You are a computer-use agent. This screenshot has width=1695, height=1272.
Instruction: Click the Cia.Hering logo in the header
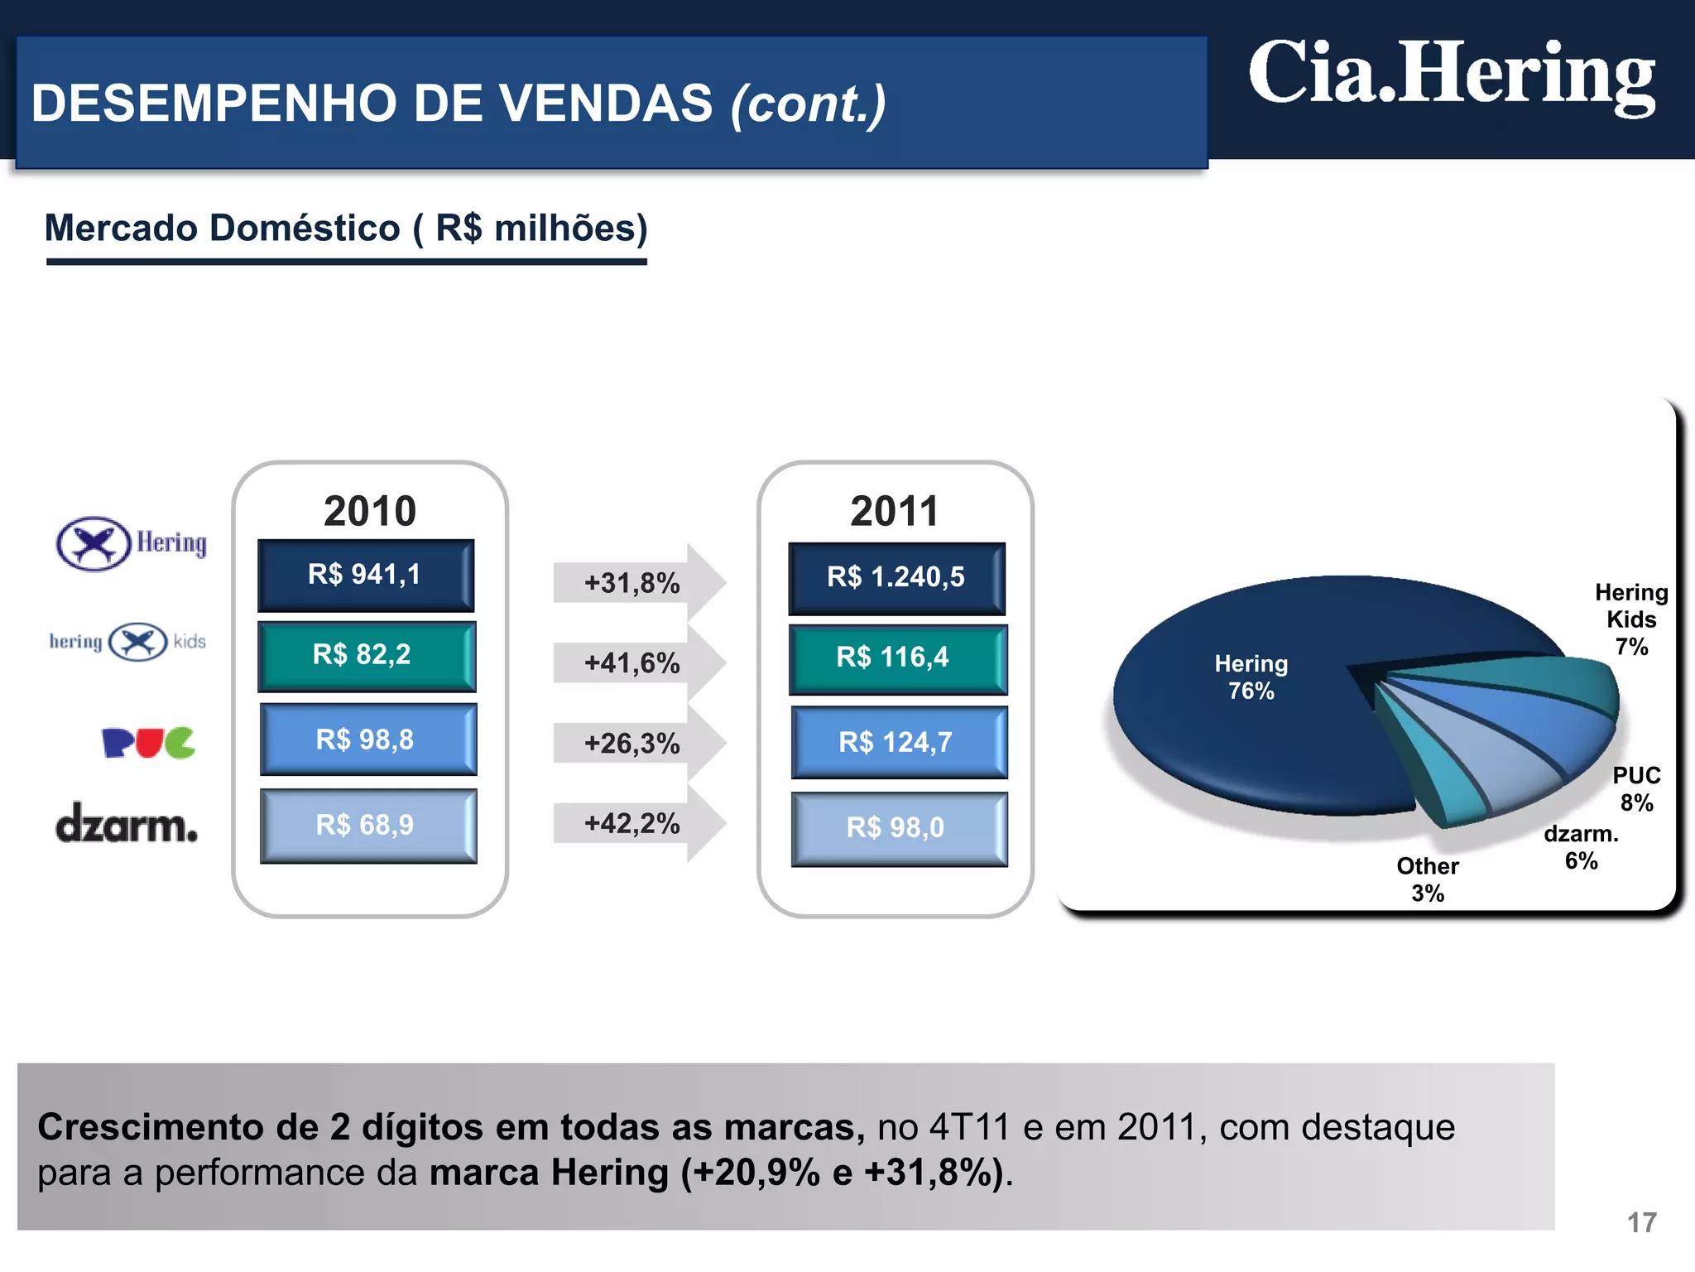[1452, 76]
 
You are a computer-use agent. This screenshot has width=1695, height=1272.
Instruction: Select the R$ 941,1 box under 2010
[366, 576]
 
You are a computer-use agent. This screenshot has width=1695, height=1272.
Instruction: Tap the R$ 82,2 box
[367, 656]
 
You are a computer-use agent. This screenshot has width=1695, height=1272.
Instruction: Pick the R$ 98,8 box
[368, 740]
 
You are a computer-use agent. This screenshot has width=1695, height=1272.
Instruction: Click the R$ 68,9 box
[368, 826]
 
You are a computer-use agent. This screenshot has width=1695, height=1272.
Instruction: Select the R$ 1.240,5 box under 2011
[896, 578]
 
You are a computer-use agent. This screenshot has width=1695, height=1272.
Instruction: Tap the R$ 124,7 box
[899, 742]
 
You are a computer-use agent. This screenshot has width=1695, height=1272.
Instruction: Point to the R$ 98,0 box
[899, 828]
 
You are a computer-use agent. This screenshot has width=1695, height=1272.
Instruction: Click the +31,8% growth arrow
[637, 582]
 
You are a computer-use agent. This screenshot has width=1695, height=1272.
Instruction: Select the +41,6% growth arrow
[637, 662]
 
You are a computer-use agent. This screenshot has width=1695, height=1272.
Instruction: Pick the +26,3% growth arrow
[637, 743]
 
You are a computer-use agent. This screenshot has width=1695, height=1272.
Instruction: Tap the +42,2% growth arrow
[637, 823]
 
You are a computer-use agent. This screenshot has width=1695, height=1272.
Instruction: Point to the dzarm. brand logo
[127, 823]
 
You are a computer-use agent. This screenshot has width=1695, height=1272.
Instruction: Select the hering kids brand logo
[128, 642]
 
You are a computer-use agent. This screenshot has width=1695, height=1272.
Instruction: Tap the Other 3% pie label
[1428, 879]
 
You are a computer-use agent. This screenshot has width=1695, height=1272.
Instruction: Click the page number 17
[1642, 1222]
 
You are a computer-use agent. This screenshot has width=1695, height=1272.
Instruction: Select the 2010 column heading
[370, 511]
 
